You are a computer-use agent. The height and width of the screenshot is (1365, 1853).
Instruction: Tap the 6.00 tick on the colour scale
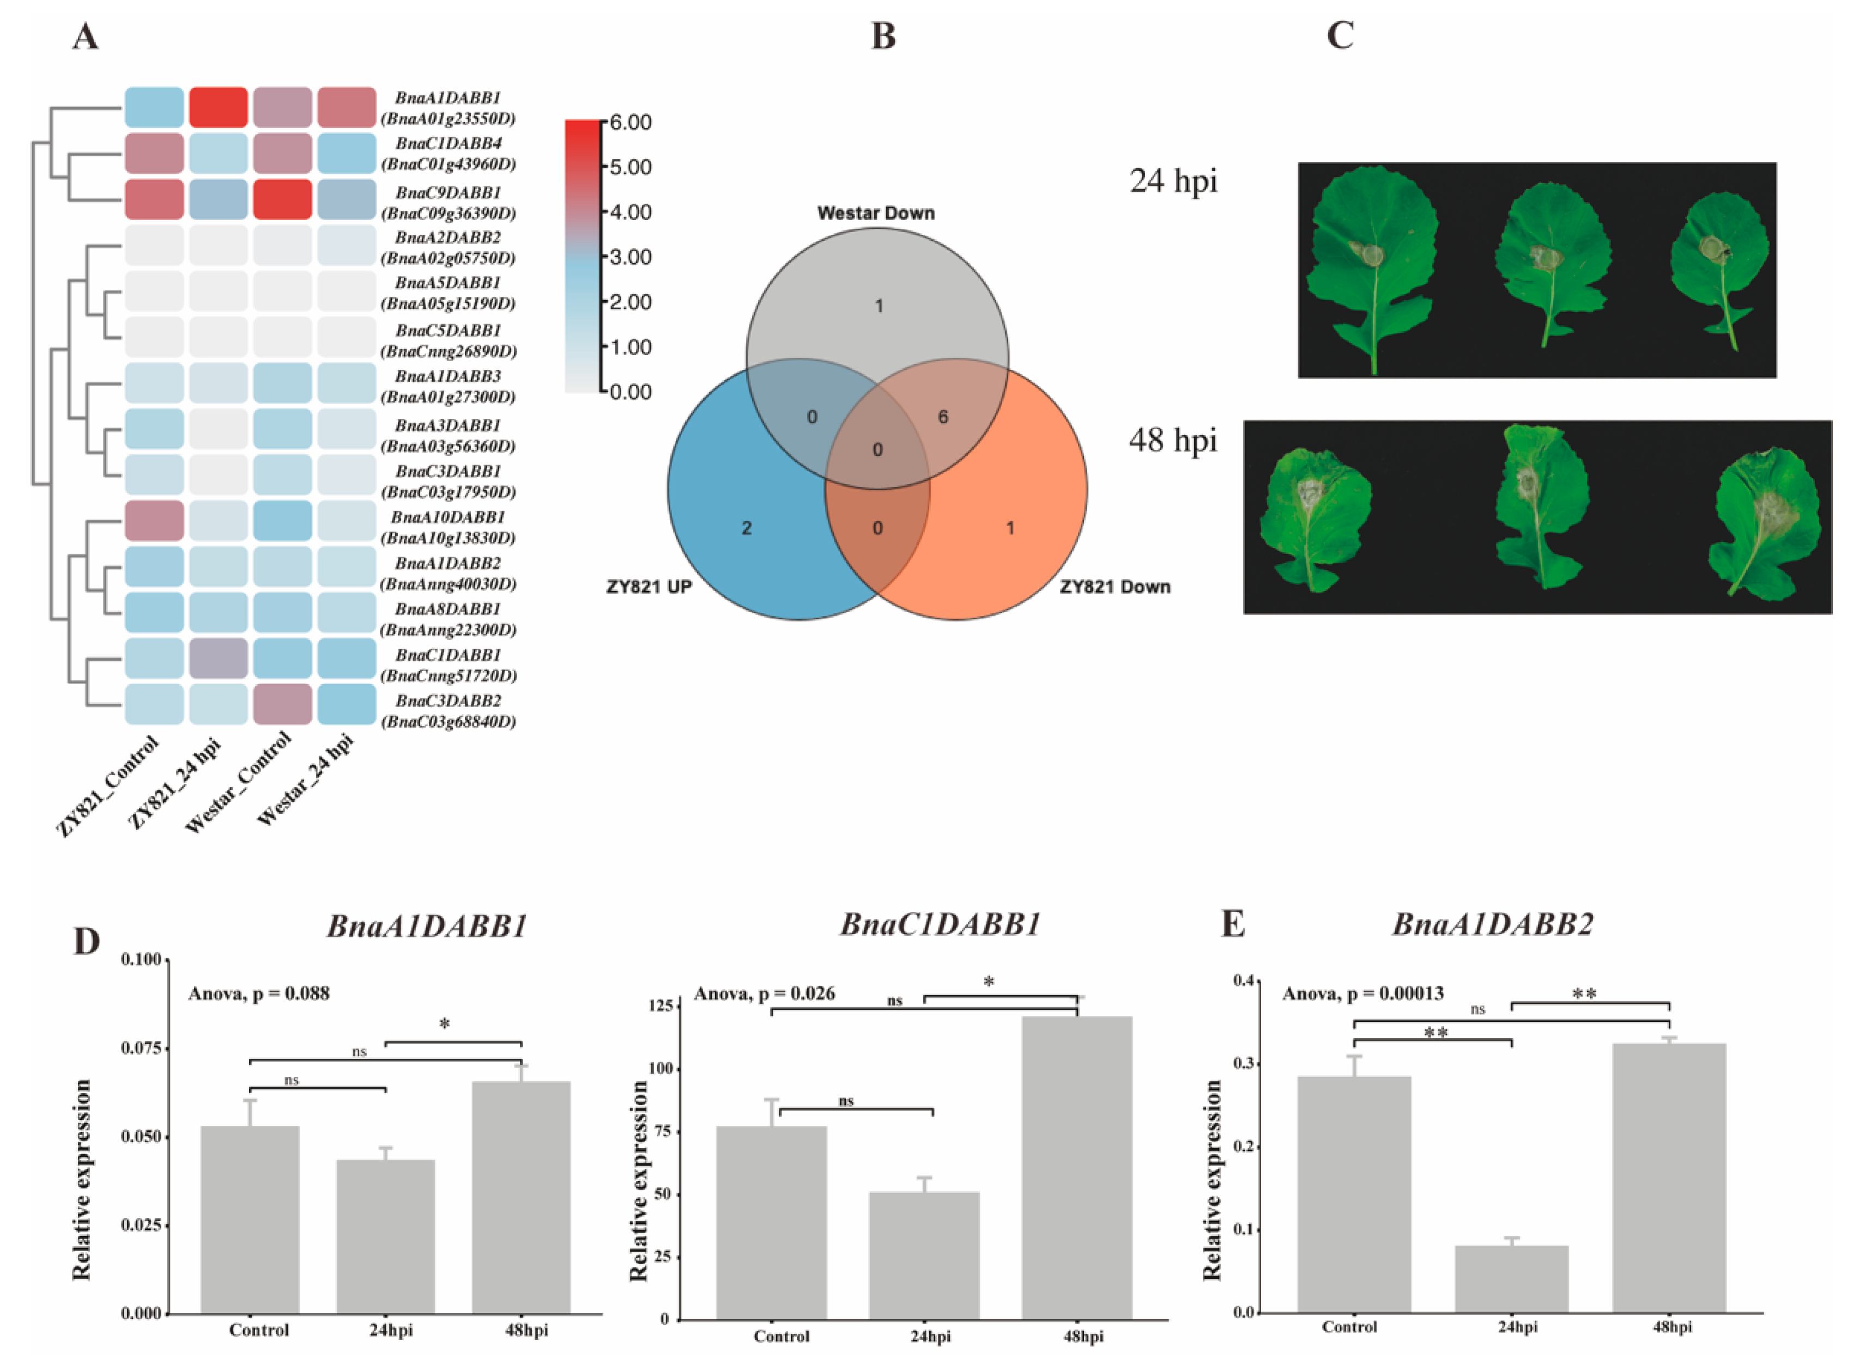pyautogui.click(x=630, y=123)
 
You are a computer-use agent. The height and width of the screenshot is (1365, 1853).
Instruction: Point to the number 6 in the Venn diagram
pyautogui.click(x=943, y=417)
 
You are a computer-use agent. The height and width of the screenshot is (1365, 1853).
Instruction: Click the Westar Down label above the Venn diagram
pyautogui.click(x=875, y=213)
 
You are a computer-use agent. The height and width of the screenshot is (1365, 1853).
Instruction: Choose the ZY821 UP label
pyautogui.click(x=649, y=588)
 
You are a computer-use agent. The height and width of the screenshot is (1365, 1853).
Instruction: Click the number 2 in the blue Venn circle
pyautogui.click(x=746, y=528)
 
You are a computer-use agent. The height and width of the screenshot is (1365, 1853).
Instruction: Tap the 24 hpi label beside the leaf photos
pyautogui.click(x=1173, y=180)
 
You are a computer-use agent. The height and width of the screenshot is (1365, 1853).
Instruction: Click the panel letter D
pyautogui.click(x=86, y=941)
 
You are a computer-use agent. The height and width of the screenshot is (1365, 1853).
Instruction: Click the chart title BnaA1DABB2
pyautogui.click(x=1492, y=924)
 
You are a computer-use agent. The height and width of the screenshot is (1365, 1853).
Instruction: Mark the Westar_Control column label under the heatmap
pyautogui.click(x=240, y=781)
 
